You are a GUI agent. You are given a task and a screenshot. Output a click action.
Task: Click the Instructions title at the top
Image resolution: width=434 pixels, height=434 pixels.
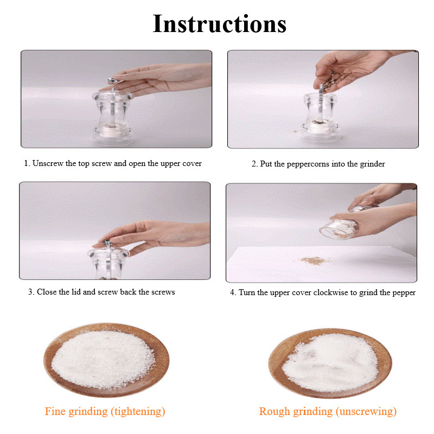click(x=220, y=24)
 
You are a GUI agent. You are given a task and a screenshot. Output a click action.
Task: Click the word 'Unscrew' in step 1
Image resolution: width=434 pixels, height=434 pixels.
click(x=48, y=163)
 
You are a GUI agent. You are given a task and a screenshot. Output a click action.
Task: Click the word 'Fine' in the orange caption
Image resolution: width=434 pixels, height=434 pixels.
click(x=55, y=411)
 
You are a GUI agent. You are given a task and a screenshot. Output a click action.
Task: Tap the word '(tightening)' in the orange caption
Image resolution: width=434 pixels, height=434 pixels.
click(x=138, y=412)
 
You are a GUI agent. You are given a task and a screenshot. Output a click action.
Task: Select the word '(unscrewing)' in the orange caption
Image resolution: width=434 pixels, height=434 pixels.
click(x=366, y=412)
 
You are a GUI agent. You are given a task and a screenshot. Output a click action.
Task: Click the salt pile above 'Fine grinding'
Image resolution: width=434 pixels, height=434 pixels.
click(x=103, y=359)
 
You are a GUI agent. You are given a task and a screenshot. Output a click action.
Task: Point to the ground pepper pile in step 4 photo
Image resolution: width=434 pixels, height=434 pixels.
click(x=314, y=260)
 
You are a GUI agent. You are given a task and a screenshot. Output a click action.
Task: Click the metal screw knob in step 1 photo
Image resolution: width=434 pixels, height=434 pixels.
click(x=114, y=81)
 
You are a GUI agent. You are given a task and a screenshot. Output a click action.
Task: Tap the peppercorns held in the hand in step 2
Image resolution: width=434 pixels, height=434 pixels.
click(x=334, y=81)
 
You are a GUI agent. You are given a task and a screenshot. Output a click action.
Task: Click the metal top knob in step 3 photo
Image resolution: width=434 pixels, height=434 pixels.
click(x=107, y=243)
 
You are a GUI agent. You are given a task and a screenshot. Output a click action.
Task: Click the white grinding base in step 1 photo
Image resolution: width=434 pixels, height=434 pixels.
click(x=113, y=130)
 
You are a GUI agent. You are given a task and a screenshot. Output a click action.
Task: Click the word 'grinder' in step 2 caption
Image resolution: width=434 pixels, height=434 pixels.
click(x=372, y=164)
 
